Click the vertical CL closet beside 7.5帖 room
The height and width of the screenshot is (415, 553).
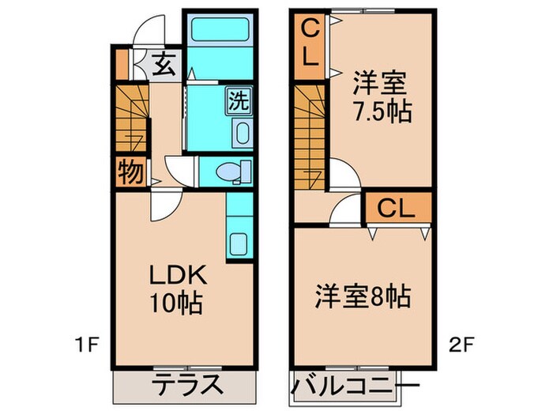[x=310, y=44]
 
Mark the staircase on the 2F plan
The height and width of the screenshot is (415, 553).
[x=310, y=134]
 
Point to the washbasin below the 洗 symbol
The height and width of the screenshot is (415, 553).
[x=241, y=132]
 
